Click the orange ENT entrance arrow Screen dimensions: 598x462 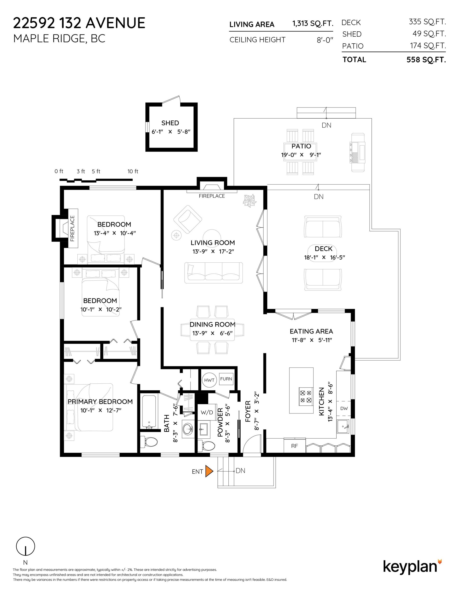209,471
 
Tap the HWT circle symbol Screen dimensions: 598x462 209,380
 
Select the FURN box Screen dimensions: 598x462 226,379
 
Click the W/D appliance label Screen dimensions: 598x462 207,412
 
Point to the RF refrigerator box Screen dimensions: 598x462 294,446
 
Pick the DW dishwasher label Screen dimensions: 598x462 344,408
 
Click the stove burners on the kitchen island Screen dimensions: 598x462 306,396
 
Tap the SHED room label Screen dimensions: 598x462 170,123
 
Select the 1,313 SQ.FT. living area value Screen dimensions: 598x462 313,24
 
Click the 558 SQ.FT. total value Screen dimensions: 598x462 426,60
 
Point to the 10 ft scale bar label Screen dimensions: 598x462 133,171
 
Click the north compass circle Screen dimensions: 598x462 25,546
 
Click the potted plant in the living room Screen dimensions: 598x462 249,201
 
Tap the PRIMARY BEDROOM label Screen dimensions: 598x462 100,402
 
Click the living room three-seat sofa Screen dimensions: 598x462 214,273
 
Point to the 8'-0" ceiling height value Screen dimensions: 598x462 325,40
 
